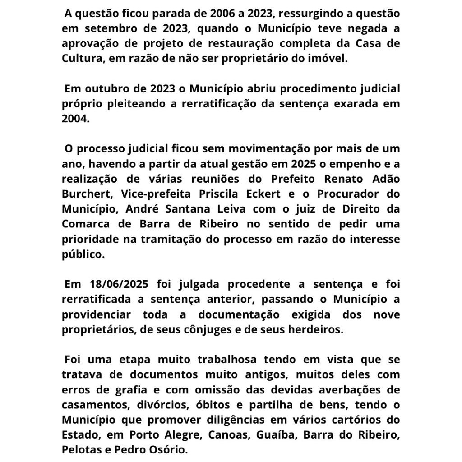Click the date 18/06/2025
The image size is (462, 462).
click(106, 284)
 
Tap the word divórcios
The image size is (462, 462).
click(145, 405)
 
